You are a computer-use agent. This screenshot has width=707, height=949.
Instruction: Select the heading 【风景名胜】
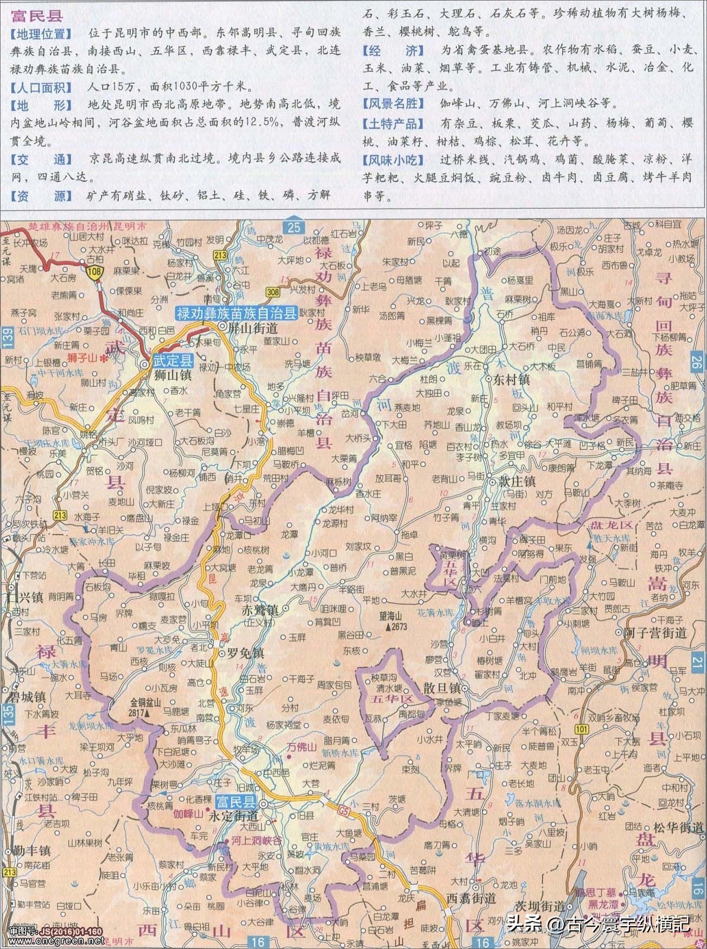pos(390,103)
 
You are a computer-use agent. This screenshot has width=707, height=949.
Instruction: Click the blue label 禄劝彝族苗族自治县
pos(236,313)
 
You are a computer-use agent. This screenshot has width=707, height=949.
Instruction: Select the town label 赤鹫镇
pos(259,610)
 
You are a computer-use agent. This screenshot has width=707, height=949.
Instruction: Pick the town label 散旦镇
pos(442,688)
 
